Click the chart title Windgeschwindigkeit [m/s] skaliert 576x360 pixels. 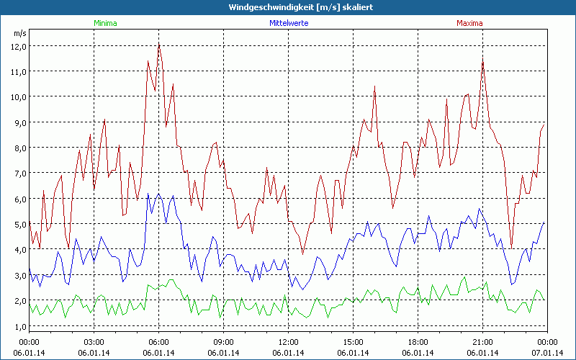287,7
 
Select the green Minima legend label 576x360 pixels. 105,23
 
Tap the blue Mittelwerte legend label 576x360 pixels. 288,23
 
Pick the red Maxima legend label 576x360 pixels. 469,23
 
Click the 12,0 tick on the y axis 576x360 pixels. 17,46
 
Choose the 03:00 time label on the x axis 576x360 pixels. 94,341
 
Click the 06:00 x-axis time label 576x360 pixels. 159,341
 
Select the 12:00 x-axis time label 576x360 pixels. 289,341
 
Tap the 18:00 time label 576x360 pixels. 418,341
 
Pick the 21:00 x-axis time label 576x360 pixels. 483,341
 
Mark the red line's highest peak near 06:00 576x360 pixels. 159,43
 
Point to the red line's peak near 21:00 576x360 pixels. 483,59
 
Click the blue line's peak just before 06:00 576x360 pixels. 148,194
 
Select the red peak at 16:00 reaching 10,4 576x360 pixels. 375,86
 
